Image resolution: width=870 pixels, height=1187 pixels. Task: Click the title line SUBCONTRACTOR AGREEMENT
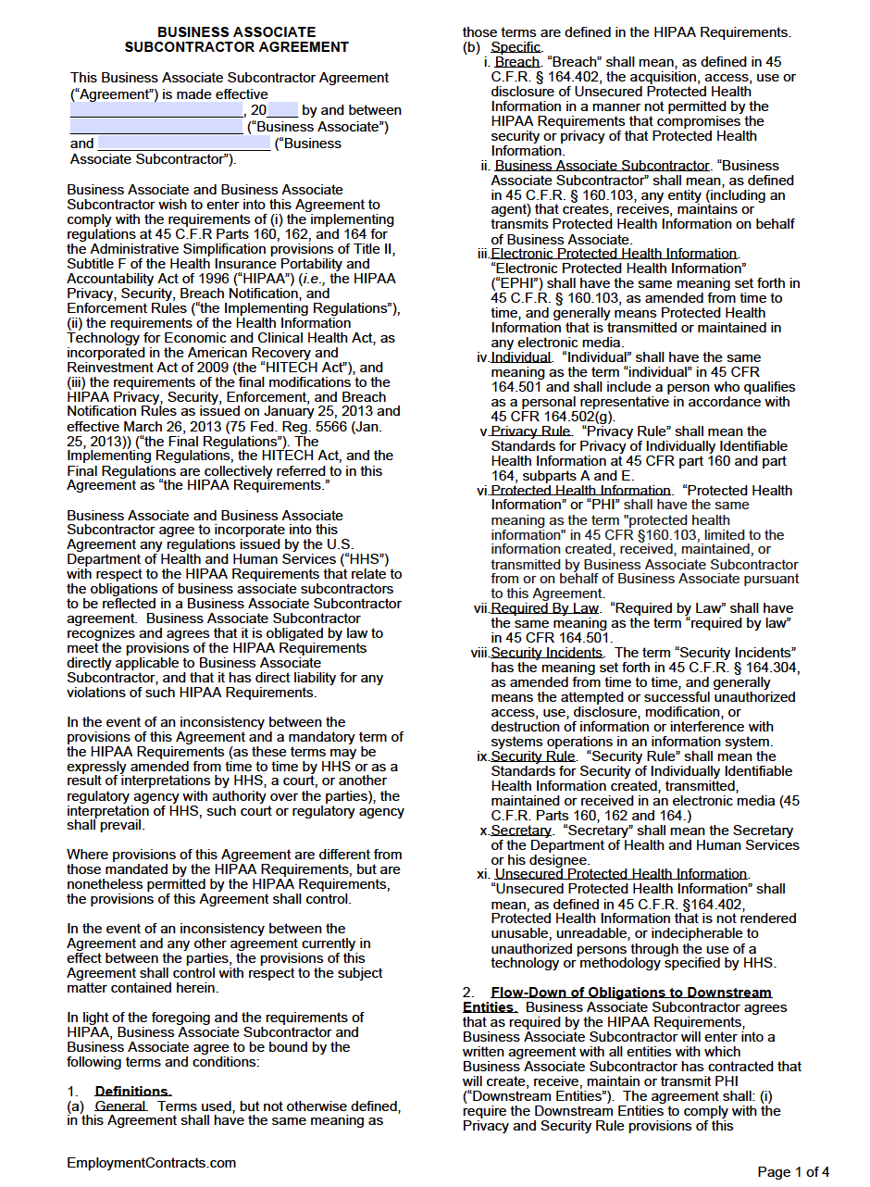[x=236, y=47]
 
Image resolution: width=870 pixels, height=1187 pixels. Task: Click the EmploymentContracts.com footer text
[x=151, y=1163]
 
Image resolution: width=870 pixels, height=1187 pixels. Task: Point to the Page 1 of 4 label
[x=793, y=1172]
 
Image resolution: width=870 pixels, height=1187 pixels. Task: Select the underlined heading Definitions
[x=132, y=1092]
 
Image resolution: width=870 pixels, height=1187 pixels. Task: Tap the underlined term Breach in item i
[x=517, y=62]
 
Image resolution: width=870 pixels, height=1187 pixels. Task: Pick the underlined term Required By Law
[x=545, y=608]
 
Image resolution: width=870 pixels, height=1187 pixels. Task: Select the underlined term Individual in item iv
[x=521, y=357]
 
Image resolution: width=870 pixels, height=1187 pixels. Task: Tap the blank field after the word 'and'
[x=183, y=144]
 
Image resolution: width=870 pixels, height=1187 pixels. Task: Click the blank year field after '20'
[x=282, y=110]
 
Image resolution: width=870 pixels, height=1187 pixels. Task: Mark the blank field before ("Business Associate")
[x=155, y=127]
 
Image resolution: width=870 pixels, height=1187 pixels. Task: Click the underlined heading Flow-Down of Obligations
[x=630, y=993]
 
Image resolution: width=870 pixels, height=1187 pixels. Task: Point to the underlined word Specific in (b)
[x=516, y=47]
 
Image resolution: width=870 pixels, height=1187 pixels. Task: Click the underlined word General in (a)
[x=120, y=1106]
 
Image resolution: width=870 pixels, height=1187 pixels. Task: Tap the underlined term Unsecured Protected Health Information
[x=621, y=874]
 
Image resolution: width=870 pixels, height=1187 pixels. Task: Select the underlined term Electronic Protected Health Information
[x=614, y=254]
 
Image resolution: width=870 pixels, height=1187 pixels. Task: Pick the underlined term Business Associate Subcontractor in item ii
[x=602, y=166]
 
